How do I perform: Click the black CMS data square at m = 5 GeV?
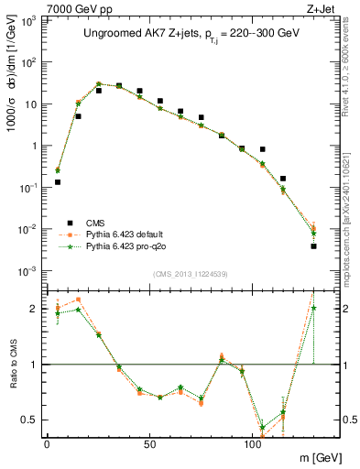58,182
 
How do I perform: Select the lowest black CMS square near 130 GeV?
313,245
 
